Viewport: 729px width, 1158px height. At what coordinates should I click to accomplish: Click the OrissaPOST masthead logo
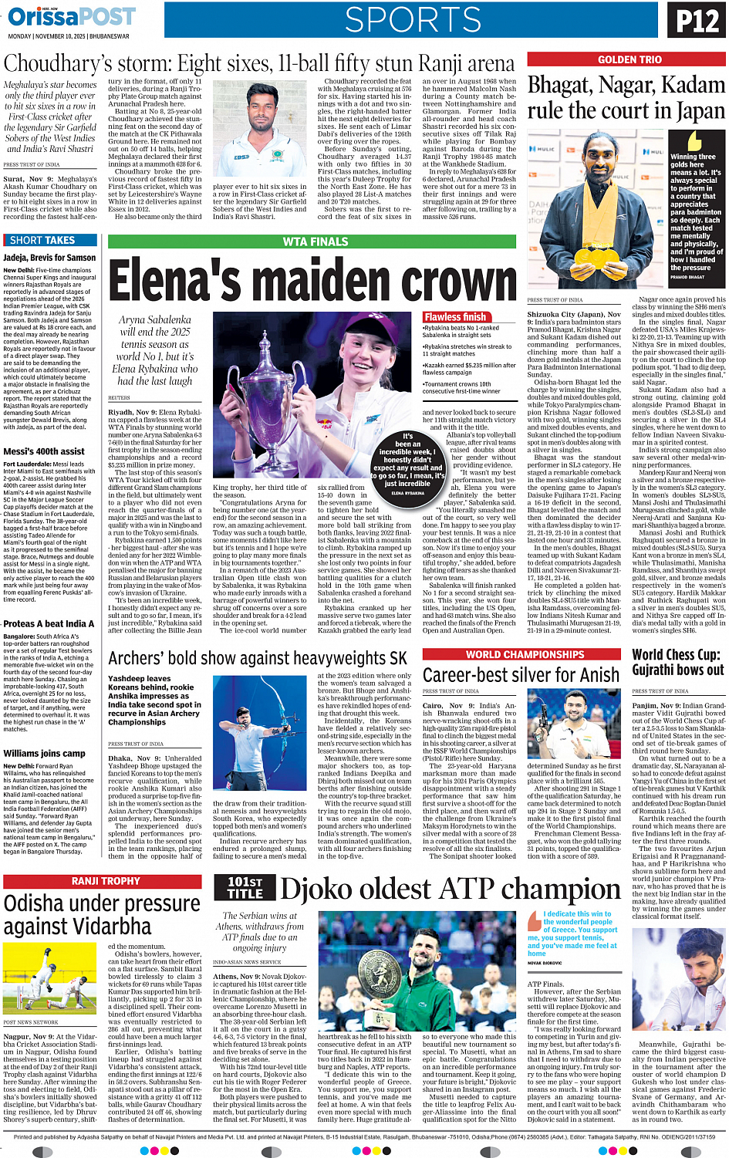coord(71,16)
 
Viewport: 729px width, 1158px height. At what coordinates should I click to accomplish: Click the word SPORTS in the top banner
coord(413,20)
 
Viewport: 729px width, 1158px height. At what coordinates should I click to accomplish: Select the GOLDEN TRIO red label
coord(629,59)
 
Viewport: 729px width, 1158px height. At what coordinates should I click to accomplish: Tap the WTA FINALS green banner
coord(315,241)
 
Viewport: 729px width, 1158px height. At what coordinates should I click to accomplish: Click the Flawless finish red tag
coord(455,317)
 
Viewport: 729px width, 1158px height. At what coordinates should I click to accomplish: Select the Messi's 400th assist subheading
coord(44,451)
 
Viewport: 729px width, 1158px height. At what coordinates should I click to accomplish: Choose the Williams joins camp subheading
coord(44,753)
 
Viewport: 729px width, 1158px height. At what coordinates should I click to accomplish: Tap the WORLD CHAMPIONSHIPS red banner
coord(525,654)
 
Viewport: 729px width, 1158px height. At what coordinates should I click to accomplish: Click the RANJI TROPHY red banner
coord(106,881)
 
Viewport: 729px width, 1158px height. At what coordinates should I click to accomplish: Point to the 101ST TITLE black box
coord(245,887)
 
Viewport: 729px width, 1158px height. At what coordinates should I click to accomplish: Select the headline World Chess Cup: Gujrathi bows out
coord(678,662)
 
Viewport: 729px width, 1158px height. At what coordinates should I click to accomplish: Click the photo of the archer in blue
coord(262,734)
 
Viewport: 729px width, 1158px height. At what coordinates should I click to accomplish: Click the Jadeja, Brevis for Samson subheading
coord(49,258)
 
